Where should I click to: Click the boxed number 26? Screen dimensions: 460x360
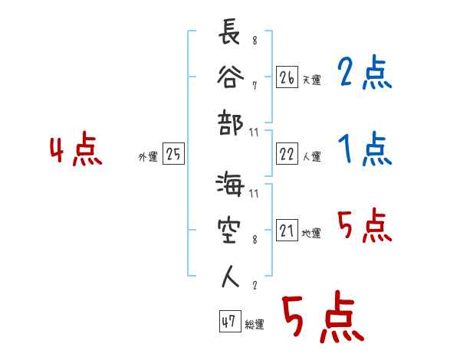point(287,77)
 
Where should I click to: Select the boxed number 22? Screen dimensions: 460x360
point(287,155)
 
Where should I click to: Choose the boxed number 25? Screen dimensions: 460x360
point(173,155)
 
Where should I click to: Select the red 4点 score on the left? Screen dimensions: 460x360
point(76,151)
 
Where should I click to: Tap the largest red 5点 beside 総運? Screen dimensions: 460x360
point(322,319)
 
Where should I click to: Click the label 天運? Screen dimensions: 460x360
point(311,80)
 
